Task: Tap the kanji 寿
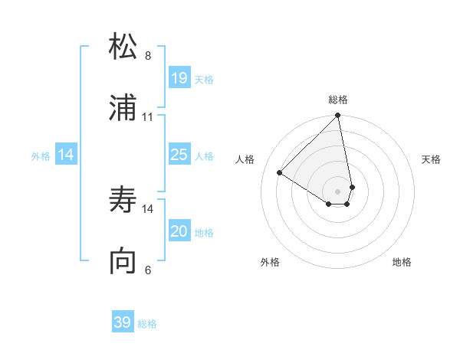pyautogui.click(x=123, y=200)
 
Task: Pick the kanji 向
pyautogui.click(x=123, y=261)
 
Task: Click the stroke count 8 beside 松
pyautogui.click(x=148, y=55)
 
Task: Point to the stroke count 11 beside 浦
pyautogui.click(x=148, y=116)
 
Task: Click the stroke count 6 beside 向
pyautogui.click(x=148, y=270)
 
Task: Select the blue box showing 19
pyautogui.click(x=179, y=77)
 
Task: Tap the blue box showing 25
pyautogui.click(x=179, y=155)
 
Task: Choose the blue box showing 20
pyautogui.click(x=179, y=231)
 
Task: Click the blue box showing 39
pyautogui.click(x=123, y=322)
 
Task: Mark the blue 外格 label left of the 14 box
pyautogui.click(x=41, y=155)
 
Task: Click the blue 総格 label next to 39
pyautogui.click(x=147, y=324)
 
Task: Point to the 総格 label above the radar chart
pyautogui.click(x=338, y=100)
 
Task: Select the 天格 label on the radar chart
pyautogui.click(x=432, y=159)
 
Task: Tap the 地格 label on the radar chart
pyautogui.click(x=402, y=262)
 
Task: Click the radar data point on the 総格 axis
pyautogui.click(x=338, y=116)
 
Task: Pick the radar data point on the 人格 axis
pyautogui.click(x=280, y=173)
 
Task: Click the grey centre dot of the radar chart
pyautogui.click(x=338, y=191)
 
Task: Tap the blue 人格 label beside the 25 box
pyautogui.click(x=204, y=155)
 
